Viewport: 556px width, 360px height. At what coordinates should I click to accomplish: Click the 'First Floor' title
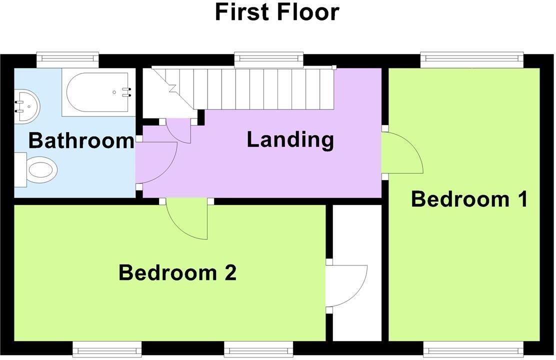pyautogui.click(x=277, y=11)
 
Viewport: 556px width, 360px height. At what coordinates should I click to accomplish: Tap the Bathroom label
pyautogui.click(x=81, y=140)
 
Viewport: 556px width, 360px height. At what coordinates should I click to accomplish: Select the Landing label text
pyautogui.click(x=290, y=139)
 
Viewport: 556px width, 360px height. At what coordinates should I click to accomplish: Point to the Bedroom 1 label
pyautogui.click(x=469, y=199)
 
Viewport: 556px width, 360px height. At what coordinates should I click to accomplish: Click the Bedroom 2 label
pyautogui.click(x=177, y=272)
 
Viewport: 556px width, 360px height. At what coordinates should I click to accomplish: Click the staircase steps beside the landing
pyautogui.click(x=243, y=88)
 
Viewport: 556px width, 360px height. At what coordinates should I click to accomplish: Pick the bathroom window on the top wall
pyautogui.click(x=67, y=60)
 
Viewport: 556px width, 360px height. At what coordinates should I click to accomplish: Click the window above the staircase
pyautogui.click(x=269, y=59)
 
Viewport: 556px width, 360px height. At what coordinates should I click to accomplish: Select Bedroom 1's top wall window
pyautogui.click(x=472, y=59)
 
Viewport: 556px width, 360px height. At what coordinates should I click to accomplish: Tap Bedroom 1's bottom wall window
pyautogui.click(x=473, y=349)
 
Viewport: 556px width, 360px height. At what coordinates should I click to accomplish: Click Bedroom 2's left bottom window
pyautogui.click(x=107, y=349)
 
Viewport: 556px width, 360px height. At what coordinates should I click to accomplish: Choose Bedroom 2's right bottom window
pyautogui.click(x=258, y=349)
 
